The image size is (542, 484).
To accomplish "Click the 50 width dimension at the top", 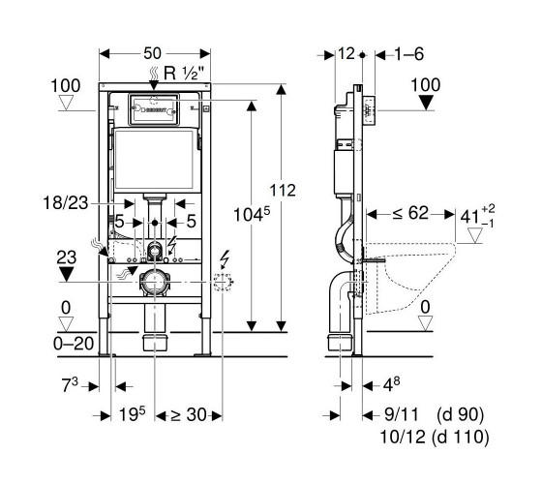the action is point(153,53).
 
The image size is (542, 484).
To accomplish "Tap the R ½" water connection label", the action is point(184,74).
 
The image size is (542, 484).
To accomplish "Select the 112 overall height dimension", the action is point(283,191).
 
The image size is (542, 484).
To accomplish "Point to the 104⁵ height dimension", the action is point(252,214).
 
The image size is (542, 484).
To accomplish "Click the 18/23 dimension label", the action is point(66,203).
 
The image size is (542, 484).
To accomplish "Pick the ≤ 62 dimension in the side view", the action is point(410,213).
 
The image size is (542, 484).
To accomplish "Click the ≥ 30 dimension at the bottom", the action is point(189,415).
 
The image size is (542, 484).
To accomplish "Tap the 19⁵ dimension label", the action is point(132,414).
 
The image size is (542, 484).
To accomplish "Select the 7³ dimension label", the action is point(70,385).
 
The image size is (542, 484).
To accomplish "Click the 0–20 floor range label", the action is point(74,344).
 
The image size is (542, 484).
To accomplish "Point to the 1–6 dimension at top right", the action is point(409,54).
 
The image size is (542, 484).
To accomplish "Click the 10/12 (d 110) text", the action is point(435,437).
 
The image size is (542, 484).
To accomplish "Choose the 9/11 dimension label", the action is point(402,414).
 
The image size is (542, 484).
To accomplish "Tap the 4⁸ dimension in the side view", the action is point(391,385).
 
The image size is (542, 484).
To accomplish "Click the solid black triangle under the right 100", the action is point(426,103).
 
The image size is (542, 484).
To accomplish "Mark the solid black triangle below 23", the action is point(66,274).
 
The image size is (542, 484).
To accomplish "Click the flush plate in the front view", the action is point(154,108).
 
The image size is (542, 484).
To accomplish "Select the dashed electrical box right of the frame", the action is point(223,282).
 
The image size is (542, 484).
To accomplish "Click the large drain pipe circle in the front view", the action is point(154,282).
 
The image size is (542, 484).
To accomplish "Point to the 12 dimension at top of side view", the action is point(346,53).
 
